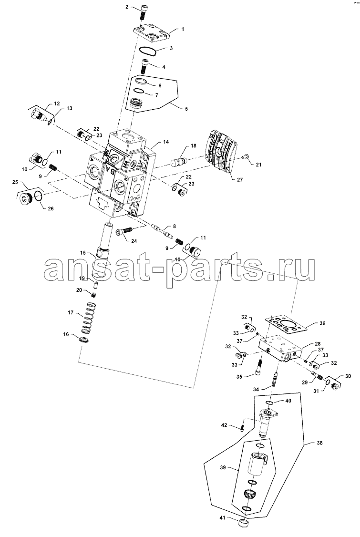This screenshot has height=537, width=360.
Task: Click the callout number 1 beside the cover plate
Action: (x=183, y=30)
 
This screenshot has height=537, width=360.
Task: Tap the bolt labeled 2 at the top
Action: (x=143, y=14)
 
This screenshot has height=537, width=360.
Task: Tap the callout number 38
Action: (x=319, y=443)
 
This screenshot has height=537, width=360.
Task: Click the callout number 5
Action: (x=186, y=109)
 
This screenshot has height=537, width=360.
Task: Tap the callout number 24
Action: (x=134, y=241)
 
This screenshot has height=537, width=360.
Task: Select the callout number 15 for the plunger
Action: (x=83, y=253)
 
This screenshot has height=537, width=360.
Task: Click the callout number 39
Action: (x=223, y=467)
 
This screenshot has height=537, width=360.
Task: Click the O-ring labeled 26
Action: (x=39, y=195)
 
